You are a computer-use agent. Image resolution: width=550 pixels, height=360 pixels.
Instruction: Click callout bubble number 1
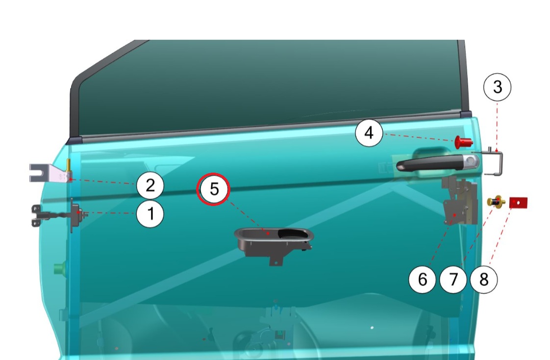click(x=150, y=214)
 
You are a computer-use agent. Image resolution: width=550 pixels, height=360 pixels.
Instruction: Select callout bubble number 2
click(x=150, y=185)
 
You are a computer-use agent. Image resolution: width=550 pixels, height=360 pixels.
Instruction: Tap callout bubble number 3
click(x=497, y=87)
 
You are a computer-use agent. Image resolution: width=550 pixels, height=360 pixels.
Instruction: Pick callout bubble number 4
click(x=369, y=133)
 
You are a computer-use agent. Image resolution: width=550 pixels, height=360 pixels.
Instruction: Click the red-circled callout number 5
click(x=213, y=189)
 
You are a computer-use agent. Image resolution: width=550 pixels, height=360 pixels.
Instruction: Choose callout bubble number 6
click(x=423, y=280)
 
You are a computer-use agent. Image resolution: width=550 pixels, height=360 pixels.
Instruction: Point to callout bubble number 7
click(x=453, y=280)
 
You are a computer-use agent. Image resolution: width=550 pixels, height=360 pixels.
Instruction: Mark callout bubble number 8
click(x=484, y=280)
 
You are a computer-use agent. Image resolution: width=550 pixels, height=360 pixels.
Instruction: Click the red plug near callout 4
click(x=463, y=142)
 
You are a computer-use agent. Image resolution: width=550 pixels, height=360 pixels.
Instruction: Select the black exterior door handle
click(x=437, y=163)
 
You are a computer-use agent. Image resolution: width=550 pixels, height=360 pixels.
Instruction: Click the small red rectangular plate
click(x=519, y=203)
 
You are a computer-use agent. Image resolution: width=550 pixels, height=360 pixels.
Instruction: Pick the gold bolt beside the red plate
click(x=496, y=202)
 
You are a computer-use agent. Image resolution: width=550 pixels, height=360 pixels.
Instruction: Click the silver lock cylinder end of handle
click(x=472, y=161)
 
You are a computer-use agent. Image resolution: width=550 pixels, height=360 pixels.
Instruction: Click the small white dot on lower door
click(x=372, y=328)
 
